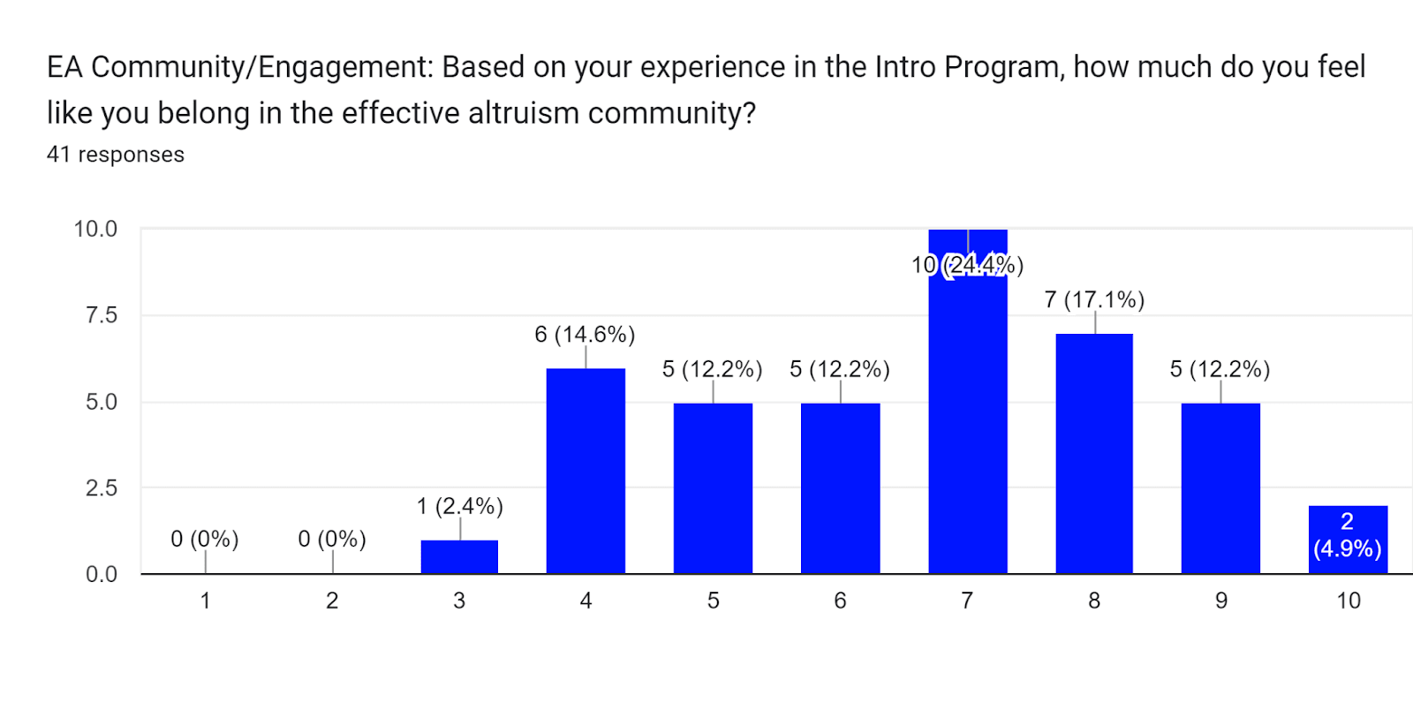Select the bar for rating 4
[586, 472]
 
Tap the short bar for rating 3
[459, 557]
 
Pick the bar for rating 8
[1094, 454]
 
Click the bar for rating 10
[1348, 540]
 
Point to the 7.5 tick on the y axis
[101, 315]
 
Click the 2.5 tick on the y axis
[101, 488]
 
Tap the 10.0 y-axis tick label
[95, 230]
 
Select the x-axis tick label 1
[205, 601]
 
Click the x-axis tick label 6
[840, 601]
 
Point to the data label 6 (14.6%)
[585, 335]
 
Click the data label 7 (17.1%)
[1094, 300]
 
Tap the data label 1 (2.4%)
[459, 506]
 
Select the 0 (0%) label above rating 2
[332, 539]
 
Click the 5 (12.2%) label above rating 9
[1220, 369]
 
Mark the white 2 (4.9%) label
[1347, 535]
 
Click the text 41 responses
[116, 155]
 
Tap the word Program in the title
[1003, 67]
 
